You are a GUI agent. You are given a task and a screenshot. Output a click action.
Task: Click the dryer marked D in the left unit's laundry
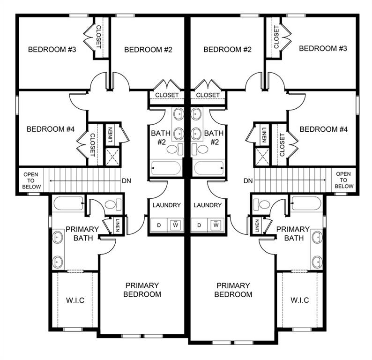coord(159,225)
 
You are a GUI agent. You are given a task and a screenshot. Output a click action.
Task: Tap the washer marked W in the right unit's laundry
coord(216,225)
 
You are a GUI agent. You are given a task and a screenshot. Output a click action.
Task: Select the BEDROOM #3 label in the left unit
coord(52,49)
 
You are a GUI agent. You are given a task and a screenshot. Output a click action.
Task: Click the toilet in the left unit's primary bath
coord(112,204)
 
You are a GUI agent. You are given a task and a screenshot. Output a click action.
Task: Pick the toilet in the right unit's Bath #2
coord(203,150)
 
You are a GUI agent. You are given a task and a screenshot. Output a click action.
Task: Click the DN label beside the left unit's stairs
coord(126,181)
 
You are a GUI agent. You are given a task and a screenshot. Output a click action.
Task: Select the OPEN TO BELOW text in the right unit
coord(343,180)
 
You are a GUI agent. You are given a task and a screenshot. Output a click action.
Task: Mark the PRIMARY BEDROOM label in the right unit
coord(233,290)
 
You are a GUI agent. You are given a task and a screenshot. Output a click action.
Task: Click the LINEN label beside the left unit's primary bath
coord(118,226)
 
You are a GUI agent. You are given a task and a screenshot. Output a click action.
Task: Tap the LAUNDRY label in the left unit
coord(167,205)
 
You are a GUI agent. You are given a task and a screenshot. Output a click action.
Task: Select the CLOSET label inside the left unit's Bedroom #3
coord(99,37)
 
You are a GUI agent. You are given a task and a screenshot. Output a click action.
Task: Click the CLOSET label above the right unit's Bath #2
coord(208,95)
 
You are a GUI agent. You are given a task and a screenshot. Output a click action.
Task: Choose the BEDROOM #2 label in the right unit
coord(228,49)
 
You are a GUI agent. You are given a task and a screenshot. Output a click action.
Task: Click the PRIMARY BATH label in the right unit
coord(293,233)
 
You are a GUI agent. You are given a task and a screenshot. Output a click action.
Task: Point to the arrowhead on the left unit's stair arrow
coord(50,181)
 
